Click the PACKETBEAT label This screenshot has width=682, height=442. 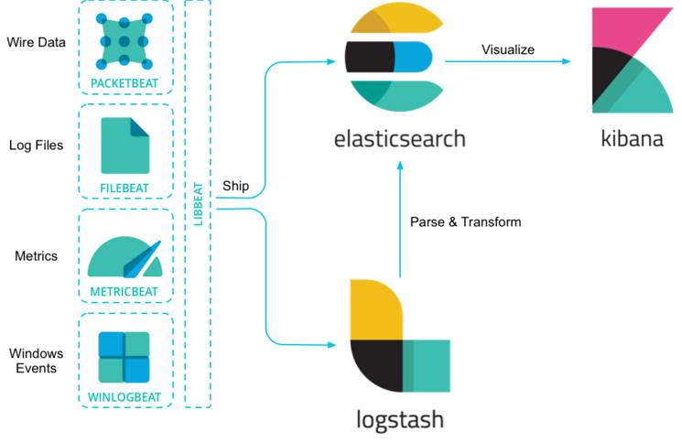coord(124,83)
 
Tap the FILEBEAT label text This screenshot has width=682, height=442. coord(124,189)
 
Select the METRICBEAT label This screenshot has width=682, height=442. coord(124,293)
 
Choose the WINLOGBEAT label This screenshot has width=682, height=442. coord(124,397)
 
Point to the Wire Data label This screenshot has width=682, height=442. coord(37,42)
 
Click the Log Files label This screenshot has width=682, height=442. coord(37,146)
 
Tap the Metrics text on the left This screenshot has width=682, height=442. coord(37,256)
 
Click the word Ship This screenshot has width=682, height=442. coord(235,186)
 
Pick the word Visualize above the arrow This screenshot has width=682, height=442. coord(508,49)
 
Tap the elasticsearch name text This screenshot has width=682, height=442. coord(400,139)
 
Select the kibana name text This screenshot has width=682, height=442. coord(632,139)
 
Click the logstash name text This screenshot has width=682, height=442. coord(400,420)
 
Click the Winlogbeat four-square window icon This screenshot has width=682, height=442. coord(124,357)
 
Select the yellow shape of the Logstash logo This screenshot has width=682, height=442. coord(373,310)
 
